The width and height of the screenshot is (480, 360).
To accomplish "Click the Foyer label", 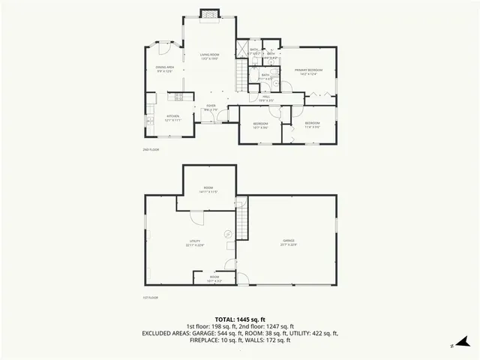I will (x=211, y=107).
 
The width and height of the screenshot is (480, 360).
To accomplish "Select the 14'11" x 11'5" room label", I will (x=208, y=190).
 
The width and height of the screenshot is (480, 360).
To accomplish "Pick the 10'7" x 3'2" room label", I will (x=214, y=279).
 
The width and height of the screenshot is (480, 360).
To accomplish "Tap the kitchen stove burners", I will (x=179, y=96).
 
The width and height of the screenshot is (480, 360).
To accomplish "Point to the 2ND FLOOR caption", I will (x=151, y=150).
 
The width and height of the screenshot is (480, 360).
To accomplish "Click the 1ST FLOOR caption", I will (x=151, y=298).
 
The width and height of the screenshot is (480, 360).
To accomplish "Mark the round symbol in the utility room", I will (x=228, y=233).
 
